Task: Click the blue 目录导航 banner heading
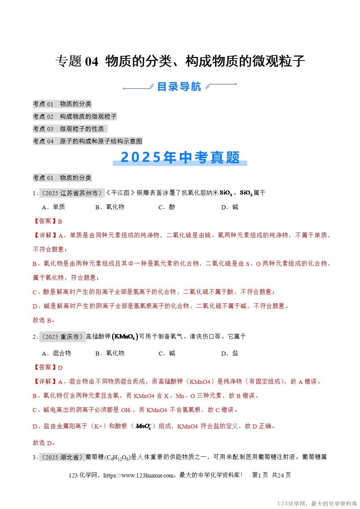(x=179, y=87)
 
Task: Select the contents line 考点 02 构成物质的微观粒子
(x=75, y=116)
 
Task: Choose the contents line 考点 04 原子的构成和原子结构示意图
(x=87, y=141)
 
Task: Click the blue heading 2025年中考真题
(x=180, y=157)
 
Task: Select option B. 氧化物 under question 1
(x=110, y=207)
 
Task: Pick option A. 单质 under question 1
(x=53, y=207)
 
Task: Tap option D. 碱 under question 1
(x=230, y=207)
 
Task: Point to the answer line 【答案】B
(x=48, y=221)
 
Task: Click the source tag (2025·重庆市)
(x=62, y=337)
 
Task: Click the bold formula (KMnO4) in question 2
(x=125, y=337)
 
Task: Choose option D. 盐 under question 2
(x=230, y=353)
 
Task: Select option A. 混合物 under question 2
(x=56, y=353)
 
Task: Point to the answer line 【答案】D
(x=48, y=368)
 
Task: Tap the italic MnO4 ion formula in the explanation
(x=143, y=426)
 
